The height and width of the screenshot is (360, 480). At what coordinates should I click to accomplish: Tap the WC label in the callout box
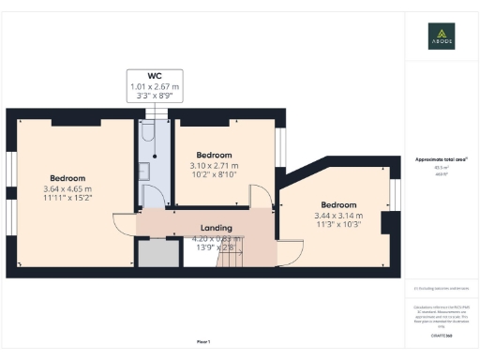(x=154, y=76)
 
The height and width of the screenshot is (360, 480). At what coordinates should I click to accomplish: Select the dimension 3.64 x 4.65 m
(x=67, y=190)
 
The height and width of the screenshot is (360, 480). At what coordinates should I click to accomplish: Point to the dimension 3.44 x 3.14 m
(x=338, y=217)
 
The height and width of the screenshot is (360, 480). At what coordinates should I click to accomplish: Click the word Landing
(x=216, y=228)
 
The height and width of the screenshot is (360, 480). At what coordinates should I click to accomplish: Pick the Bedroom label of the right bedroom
(x=338, y=205)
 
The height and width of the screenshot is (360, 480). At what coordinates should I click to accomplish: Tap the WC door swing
(x=152, y=194)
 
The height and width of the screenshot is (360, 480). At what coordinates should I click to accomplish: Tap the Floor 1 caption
(x=202, y=341)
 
